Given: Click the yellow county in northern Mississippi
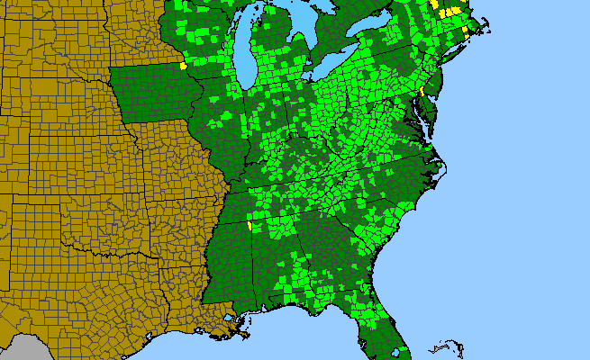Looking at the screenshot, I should pyautogui.click(x=248, y=227).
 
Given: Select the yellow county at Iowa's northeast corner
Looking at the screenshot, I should pyautogui.click(x=184, y=65).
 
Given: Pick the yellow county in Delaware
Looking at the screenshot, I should pyautogui.click(x=422, y=93).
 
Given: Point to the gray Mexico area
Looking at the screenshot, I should pyautogui.click(x=23, y=349).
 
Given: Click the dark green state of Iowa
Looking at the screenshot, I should pyautogui.click(x=153, y=94).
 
